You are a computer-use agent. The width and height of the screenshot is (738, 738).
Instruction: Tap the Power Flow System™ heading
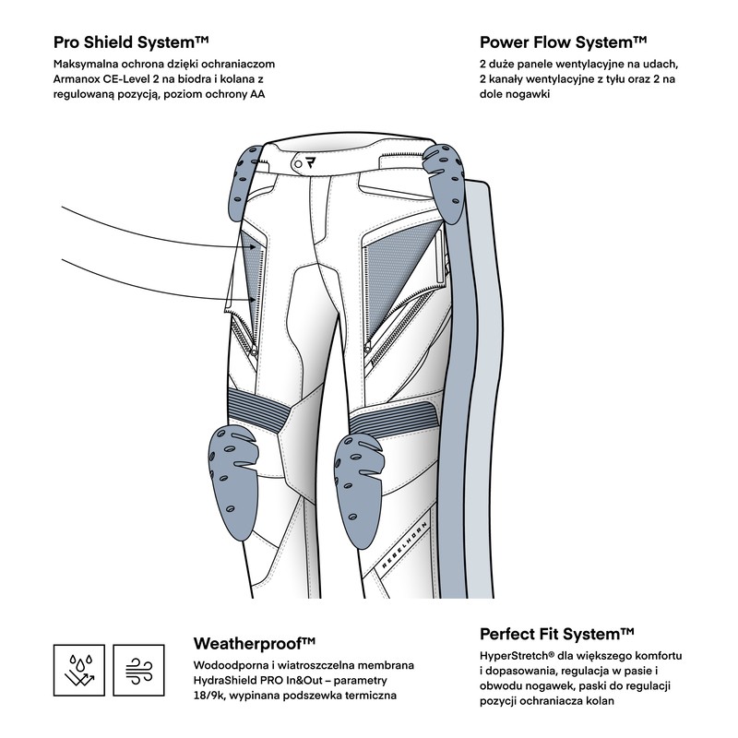pos(563,42)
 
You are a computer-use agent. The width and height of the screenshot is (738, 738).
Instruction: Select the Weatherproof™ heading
pos(255,642)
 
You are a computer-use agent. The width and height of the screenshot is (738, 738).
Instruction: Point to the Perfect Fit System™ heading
pos(556,634)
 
